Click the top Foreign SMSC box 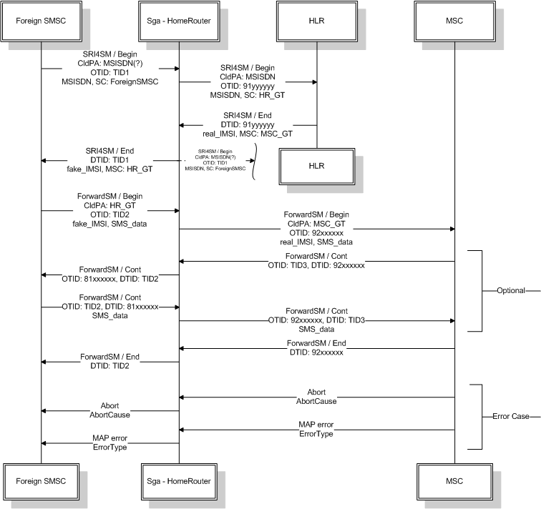pyautogui.click(x=41, y=21)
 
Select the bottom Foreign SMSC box pyautogui.click(x=41, y=481)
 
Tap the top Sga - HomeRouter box pyautogui.click(x=178, y=21)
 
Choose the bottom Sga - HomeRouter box pyautogui.click(x=178, y=481)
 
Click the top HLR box pyautogui.click(x=316, y=21)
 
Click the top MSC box pyautogui.click(x=454, y=21)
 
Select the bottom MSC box pyautogui.click(x=454, y=481)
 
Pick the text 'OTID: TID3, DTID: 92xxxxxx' pyautogui.click(x=316, y=265)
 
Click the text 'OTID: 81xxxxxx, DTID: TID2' pyautogui.click(x=109, y=278)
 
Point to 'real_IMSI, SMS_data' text pyautogui.click(x=316, y=242)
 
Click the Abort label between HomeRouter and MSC pyautogui.click(x=316, y=392)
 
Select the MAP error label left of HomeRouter pyautogui.click(x=109, y=438)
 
